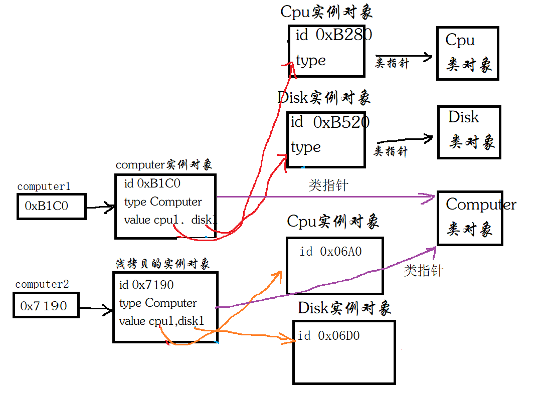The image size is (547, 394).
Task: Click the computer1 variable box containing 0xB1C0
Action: pos(51,206)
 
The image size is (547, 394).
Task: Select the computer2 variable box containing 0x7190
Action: pos(46,305)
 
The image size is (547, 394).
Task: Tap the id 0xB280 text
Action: pos(333,35)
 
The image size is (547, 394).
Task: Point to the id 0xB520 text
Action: pos(329,122)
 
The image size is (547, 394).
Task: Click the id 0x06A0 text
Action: pos(330,252)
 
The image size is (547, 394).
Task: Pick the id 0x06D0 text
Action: pos(328,336)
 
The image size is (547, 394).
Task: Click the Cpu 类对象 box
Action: pos(467,53)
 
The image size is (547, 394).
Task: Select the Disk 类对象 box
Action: pos(469,132)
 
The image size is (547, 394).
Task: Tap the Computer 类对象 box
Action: pos(470,218)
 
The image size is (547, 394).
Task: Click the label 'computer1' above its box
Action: pos(44,187)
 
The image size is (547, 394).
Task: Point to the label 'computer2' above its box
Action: pos(42,284)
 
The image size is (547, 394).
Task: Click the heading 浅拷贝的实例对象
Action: pos(162,264)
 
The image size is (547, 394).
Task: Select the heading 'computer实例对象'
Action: pos(163,165)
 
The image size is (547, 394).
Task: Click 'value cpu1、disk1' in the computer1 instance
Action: pos(170,220)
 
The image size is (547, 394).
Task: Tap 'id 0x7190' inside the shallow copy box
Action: pos(146,285)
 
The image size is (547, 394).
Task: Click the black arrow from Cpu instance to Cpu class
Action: pos(404,57)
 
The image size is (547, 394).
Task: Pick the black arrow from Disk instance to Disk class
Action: pos(404,141)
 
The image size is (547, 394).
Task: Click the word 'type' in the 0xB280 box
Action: pos(311,61)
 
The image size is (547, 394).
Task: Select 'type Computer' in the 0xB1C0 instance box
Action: pos(162,202)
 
